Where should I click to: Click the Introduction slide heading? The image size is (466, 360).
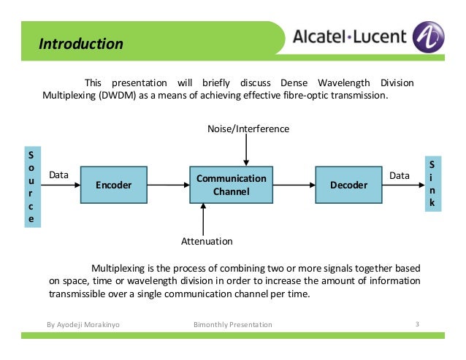point(81,44)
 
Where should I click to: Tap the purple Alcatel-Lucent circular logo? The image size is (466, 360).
point(428,36)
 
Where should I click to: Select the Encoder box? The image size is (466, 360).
point(113,185)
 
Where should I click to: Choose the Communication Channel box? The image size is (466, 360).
point(232,185)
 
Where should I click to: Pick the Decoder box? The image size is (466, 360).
point(348,185)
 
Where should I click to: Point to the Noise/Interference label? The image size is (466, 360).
point(248,129)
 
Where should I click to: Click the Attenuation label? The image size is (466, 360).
point(206,241)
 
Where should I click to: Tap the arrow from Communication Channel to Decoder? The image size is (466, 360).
point(294,186)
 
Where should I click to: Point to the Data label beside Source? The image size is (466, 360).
point(58,175)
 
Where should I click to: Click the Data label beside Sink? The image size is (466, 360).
point(400,175)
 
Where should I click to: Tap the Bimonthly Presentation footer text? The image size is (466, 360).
point(232,324)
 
